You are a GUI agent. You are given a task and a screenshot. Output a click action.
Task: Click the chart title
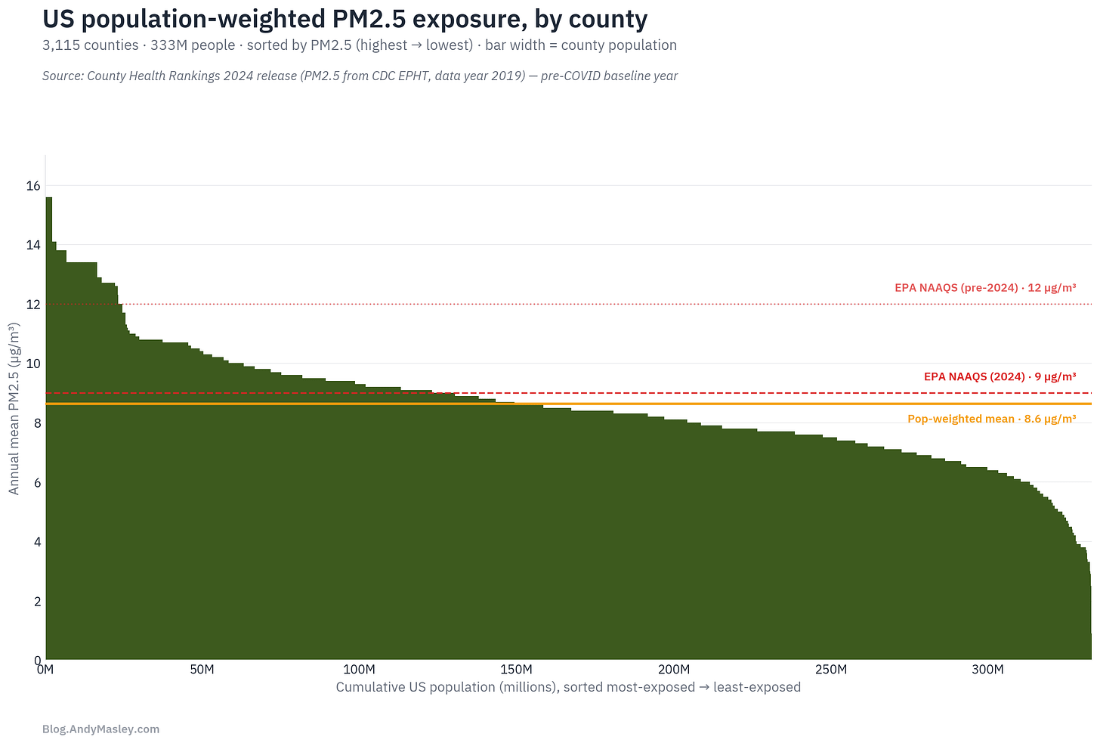coord(345,20)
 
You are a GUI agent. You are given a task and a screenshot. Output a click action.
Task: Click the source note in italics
coord(360,76)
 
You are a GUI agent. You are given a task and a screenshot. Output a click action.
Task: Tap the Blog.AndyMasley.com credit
coord(100,729)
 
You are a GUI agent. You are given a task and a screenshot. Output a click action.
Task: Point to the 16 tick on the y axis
coord(33,186)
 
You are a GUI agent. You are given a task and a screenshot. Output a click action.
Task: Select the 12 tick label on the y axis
coord(33,305)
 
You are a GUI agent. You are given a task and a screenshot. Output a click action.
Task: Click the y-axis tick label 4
coord(37,543)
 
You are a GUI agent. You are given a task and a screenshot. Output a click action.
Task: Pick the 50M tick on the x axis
coord(202,670)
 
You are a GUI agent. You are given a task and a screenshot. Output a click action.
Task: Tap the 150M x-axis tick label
coord(516,670)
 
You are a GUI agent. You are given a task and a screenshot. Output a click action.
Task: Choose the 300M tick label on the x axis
coord(987,670)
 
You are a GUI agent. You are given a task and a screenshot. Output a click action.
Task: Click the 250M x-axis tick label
coord(830,670)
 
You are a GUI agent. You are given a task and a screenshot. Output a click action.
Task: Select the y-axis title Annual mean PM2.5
coord(14,408)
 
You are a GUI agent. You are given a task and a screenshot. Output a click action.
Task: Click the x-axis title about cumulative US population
coord(568,687)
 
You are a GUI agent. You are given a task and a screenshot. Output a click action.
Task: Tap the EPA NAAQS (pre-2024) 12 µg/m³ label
coord(985,288)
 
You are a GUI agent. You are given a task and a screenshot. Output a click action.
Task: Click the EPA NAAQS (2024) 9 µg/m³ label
coord(1000,377)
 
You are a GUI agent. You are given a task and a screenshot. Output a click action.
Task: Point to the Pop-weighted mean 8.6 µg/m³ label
coord(991,419)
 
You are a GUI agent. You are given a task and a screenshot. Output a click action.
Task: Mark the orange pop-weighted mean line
coord(569,404)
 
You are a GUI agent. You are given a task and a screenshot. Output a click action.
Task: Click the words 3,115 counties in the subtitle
coord(91,45)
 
